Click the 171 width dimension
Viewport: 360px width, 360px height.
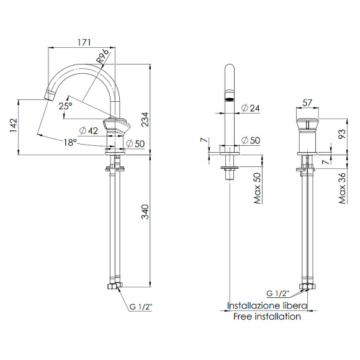tap(84, 42)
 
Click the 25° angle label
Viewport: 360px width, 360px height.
tap(65, 106)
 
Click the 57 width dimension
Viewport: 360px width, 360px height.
tap(307, 102)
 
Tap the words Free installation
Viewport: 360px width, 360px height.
tap(267, 317)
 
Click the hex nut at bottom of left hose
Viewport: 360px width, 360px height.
tap(113, 287)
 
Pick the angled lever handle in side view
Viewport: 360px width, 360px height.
tap(118, 126)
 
